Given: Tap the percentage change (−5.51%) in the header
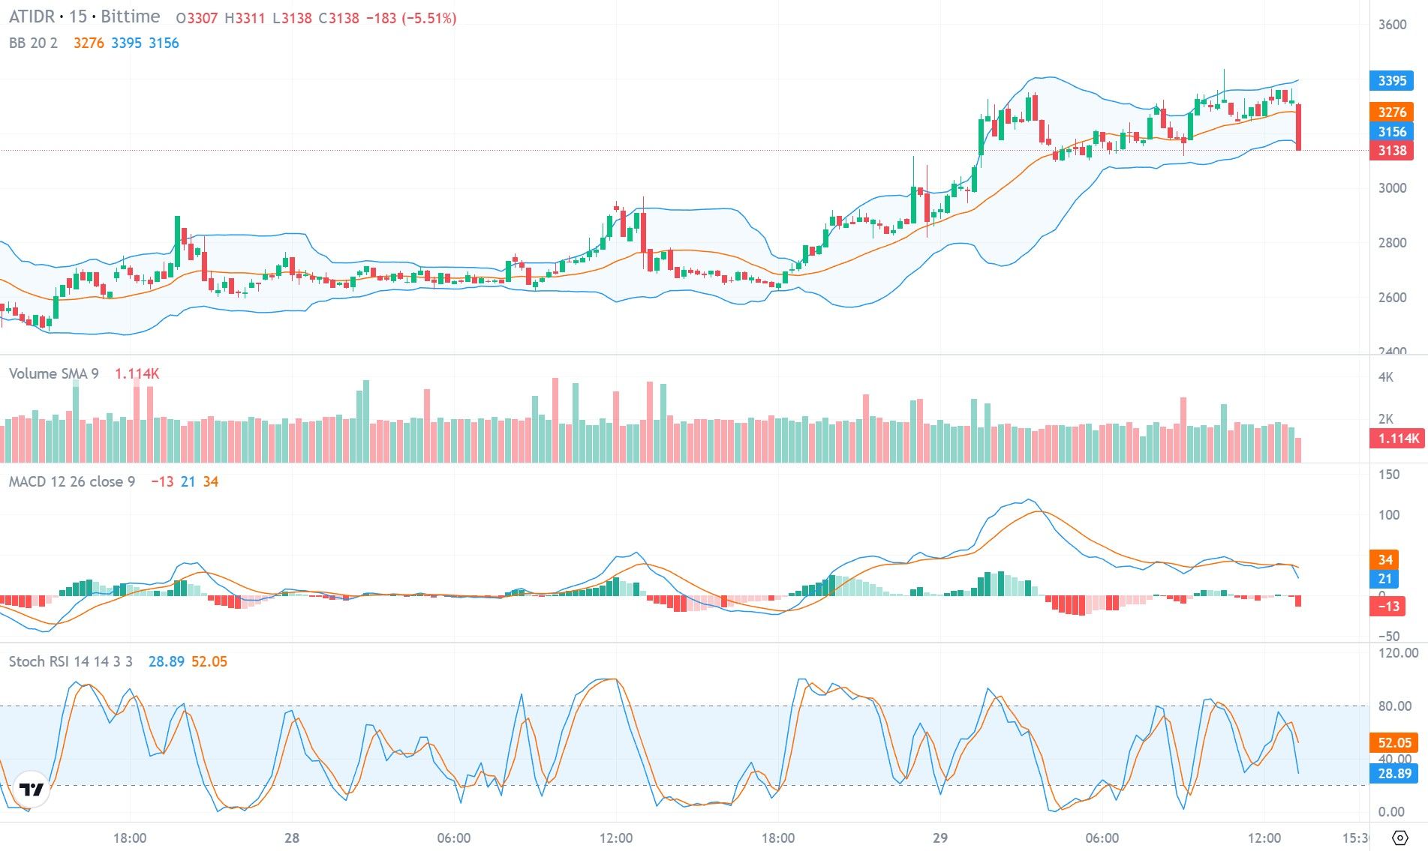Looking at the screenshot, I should [430, 18].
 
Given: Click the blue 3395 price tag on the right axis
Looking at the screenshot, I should [1391, 81].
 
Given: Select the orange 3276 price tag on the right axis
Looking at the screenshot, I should [1391, 112].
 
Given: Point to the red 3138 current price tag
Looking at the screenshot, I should [1391, 151].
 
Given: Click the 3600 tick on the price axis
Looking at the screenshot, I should [1392, 25].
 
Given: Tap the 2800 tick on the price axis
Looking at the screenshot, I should [1392, 243].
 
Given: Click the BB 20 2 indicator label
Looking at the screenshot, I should [33, 43].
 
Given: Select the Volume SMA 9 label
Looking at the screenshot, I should [53, 373].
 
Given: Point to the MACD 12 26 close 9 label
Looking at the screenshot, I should [72, 481].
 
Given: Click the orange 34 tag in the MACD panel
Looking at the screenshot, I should [1384, 559].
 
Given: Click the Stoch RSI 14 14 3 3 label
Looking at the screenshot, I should [71, 661].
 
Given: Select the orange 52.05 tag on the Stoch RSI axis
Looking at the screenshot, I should [1393, 742].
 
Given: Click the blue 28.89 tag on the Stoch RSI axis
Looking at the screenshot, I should [1393, 773].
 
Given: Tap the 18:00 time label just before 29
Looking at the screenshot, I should [777, 838].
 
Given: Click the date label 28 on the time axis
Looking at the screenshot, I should [292, 838].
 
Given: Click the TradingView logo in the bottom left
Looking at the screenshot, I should [32, 790].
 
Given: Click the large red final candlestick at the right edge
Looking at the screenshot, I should [1299, 127].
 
